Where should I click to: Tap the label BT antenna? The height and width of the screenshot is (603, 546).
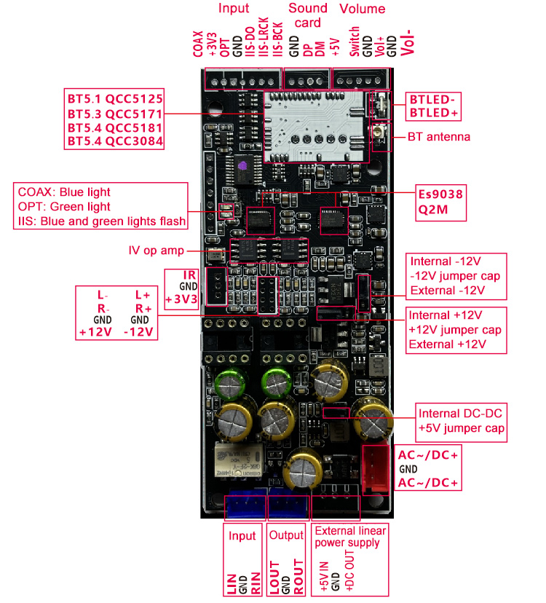438,136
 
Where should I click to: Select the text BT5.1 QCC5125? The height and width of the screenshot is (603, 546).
114,98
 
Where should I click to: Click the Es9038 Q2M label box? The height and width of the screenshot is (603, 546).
440,202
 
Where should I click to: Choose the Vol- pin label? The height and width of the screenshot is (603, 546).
407,43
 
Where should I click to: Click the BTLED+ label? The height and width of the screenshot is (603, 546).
434,113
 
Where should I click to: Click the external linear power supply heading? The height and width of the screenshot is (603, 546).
348,536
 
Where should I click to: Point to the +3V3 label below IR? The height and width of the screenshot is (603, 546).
181,299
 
